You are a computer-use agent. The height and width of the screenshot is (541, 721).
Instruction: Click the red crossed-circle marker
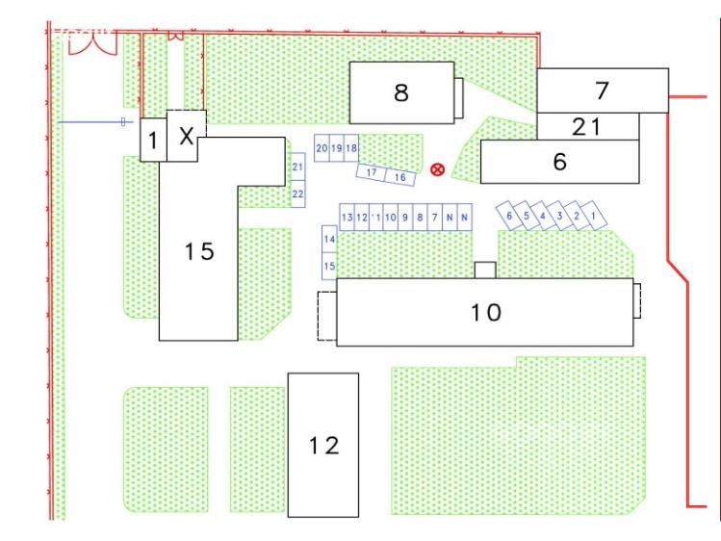click(x=437, y=169)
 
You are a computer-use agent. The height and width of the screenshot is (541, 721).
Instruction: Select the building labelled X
click(x=187, y=136)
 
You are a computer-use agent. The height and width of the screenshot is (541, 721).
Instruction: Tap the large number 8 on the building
click(x=400, y=92)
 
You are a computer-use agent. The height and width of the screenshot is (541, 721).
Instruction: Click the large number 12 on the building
click(x=322, y=446)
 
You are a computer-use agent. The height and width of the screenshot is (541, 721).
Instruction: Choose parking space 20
click(x=322, y=148)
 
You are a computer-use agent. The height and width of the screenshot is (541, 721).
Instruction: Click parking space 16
click(x=399, y=177)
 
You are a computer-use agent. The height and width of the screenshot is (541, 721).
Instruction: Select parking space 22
click(x=298, y=194)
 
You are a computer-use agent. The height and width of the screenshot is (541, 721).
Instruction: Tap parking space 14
click(x=329, y=238)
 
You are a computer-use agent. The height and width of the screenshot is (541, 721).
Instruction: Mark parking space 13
click(x=348, y=218)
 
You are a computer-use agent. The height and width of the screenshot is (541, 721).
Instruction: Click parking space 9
click(x=406, y=218)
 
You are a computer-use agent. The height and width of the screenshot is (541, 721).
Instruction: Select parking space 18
click(x=351, y=148)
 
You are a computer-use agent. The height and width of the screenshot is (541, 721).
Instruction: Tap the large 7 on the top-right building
click(x=602, y=90)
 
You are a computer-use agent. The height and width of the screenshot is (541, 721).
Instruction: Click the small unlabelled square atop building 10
click(x=485, y=270)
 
